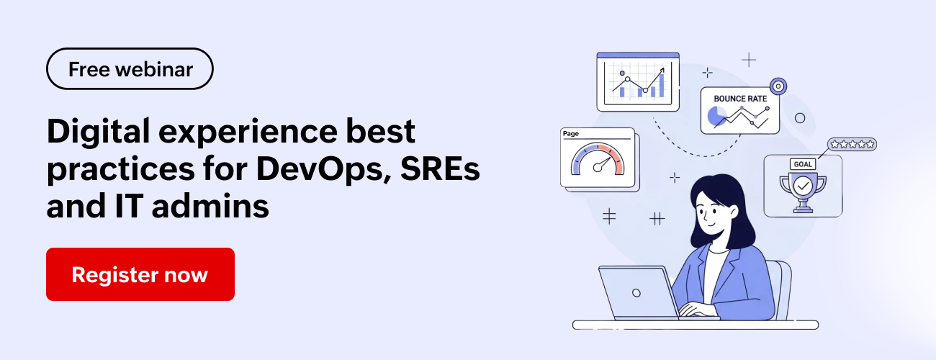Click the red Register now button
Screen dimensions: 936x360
click(x=140, y=274)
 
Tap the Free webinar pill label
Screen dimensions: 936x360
click(x=130, y=69)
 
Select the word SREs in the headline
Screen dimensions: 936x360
click(x=440, y=168)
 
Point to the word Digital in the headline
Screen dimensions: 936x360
click(x=98, y=132)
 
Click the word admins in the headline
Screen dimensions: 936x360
click(x=210, y=206)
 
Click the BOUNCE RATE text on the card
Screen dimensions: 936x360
click(x=740, y=99)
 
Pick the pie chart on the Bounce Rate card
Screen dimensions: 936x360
click(x=716, y=116)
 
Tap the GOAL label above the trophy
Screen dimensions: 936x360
click(x=803, y=164)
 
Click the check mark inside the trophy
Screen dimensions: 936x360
click(x=803, y=186)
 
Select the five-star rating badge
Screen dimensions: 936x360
click(x=852, y=145)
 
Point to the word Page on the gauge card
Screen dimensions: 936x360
click(x=571, y=134)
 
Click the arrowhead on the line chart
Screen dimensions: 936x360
click(x=662, y=70)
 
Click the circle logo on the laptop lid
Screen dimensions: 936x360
click(x=636, y=293)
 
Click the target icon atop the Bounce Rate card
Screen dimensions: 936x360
click(x=778, y=86)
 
